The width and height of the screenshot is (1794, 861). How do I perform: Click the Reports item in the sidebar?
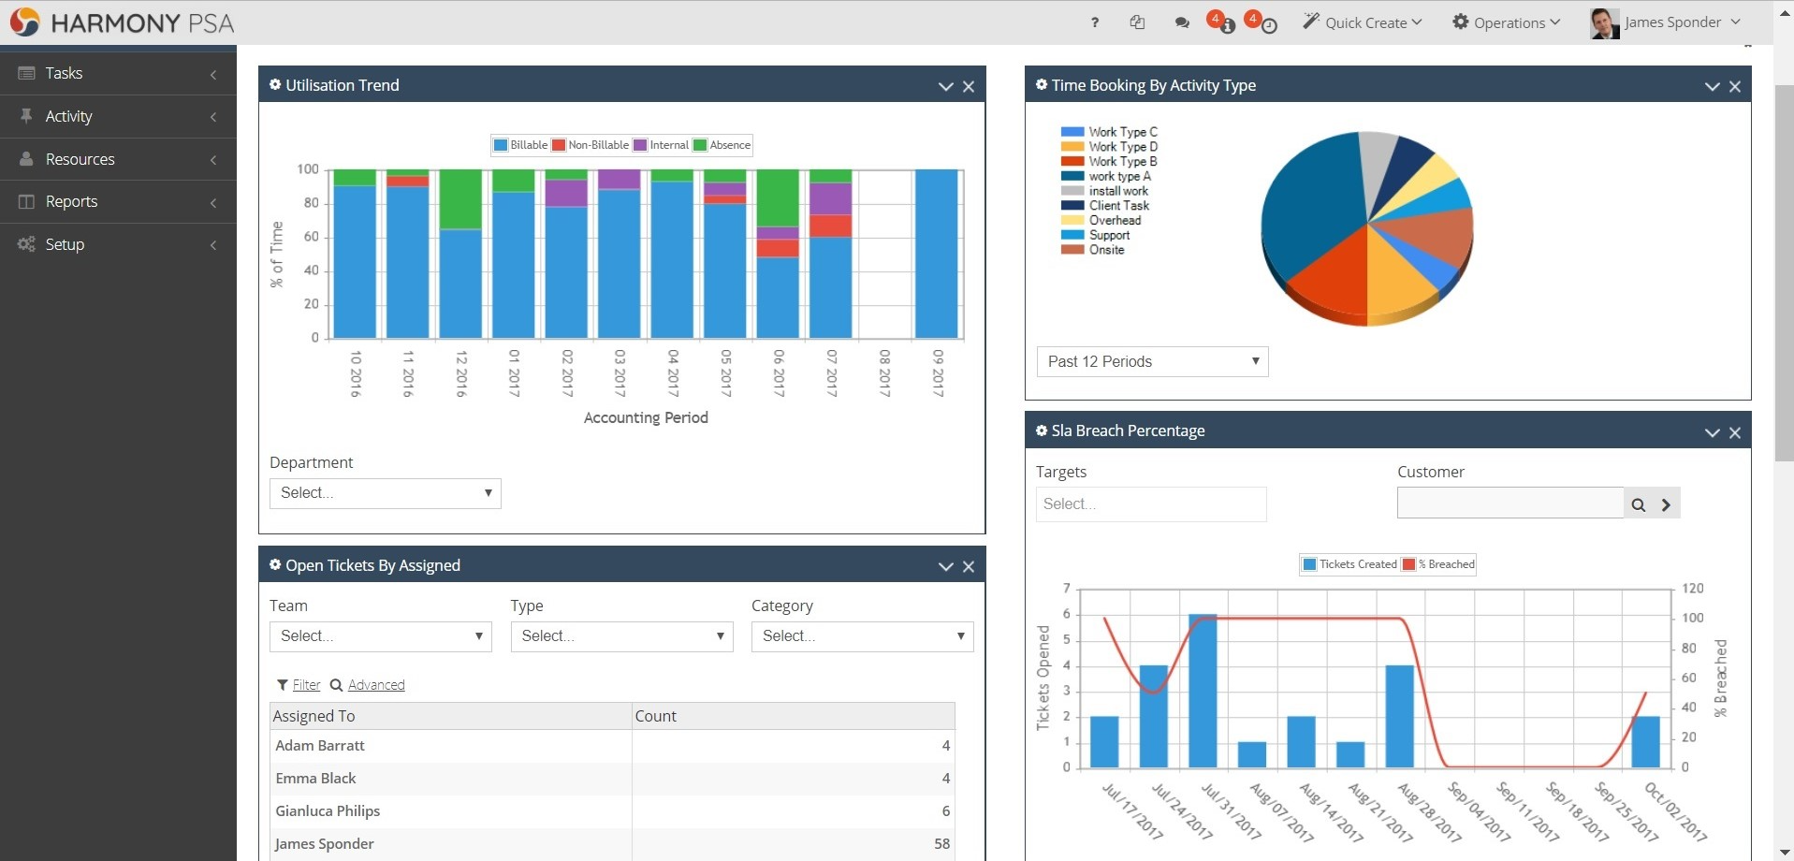[71, 202]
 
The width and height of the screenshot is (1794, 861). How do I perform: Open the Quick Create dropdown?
[1363, 22]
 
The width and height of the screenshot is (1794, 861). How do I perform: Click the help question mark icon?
[1094, 22]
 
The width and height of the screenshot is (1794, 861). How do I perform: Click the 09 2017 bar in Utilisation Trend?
[937, 253]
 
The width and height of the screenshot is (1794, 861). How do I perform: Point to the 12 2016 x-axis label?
[461, 373]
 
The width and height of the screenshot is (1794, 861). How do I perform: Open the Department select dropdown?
[385, 493]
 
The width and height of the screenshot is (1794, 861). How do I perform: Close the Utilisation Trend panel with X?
[969, 86]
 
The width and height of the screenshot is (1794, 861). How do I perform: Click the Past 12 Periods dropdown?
[1152, 361]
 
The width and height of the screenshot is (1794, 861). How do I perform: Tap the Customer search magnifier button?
[1638, 504]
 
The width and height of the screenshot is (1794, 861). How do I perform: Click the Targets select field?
[1150, 504]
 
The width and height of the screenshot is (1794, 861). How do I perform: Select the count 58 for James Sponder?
[941, 844]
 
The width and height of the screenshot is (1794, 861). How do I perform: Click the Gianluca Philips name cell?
[328, 811]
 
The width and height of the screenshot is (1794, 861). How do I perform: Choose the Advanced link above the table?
[376, 685]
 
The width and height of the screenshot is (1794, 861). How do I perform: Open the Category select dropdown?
[862, 636]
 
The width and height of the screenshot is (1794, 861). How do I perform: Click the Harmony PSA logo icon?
[25, 22]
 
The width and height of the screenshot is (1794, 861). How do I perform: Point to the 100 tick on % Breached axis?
[1692, 618]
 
